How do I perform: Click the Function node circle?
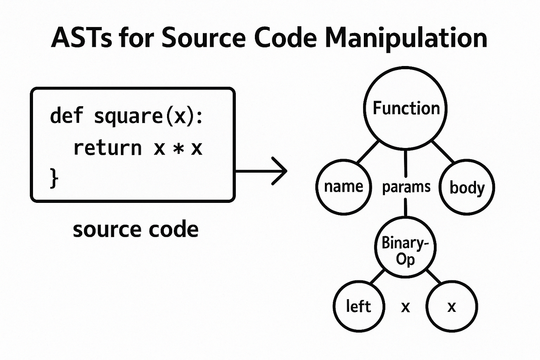point(405,108)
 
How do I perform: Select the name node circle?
point(344,187)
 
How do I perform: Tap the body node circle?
point(467,187)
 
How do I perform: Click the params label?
point(406,187)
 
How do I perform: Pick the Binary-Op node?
point(405,247)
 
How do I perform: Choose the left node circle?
point(359,307)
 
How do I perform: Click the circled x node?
point(452,307)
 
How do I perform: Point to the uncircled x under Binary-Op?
point(405,307)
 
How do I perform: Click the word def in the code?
point(66,116)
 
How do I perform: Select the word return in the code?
point(107,148)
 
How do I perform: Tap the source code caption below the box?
point(136,230)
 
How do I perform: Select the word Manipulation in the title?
point(406,39)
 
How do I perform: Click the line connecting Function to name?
point(368,152)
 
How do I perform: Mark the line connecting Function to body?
point(443,152)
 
